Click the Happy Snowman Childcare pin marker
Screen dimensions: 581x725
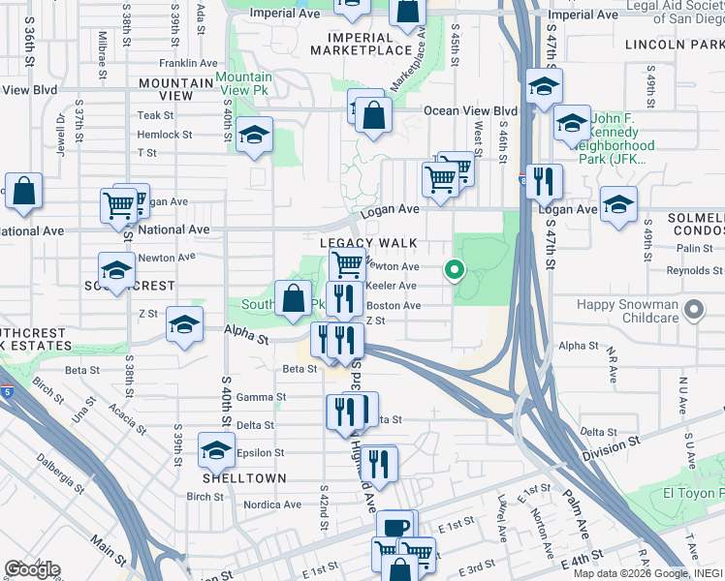click(x=693, y=311)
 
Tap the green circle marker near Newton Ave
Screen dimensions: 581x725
click(x=453, y=271)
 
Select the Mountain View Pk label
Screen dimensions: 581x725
click(x=243, y=84)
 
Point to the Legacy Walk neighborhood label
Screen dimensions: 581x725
click(x=369, y=243)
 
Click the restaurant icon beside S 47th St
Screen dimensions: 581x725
click(x=545, y=181)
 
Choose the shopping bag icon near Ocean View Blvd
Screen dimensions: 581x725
click(x=373, y=116)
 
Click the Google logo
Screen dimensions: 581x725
click(x=32, y=568)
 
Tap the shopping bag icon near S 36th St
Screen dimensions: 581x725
click(x=23, y=192)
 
